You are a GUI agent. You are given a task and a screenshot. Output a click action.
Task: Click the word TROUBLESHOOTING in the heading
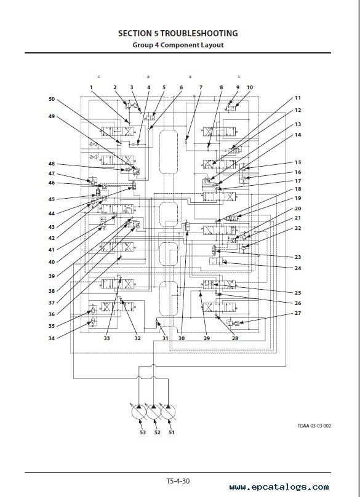199,33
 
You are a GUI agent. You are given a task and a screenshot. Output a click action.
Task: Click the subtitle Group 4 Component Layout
178,45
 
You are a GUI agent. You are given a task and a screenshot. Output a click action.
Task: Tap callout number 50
52,99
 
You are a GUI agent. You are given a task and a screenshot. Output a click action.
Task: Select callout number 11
297,98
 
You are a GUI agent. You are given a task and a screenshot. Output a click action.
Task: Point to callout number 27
297,313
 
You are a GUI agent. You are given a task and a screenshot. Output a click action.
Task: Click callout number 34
52,338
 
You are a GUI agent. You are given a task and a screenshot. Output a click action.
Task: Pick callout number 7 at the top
201,87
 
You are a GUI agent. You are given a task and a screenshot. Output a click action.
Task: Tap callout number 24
297,268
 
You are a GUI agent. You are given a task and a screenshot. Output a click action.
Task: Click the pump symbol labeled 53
139,412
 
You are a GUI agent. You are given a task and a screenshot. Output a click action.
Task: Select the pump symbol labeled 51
168,412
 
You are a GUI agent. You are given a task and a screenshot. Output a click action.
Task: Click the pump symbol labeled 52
153,412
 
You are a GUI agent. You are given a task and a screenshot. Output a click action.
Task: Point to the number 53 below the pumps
143,432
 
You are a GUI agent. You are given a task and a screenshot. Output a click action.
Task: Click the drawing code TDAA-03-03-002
314,426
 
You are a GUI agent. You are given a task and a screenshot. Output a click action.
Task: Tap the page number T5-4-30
178,481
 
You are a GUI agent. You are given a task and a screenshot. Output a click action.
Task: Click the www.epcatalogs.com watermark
279,487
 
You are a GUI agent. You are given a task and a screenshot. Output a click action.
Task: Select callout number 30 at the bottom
182,338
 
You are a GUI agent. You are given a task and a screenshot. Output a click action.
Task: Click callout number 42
52,238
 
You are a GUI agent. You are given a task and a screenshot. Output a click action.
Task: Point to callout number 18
297,189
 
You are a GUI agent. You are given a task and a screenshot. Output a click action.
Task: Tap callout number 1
91,87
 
